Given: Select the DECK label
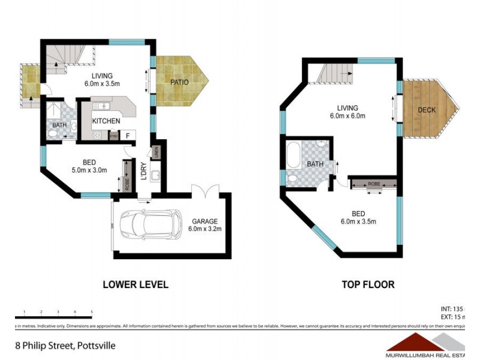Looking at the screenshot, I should (x=427, y=110).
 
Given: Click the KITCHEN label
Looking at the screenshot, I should (x=106, y=121).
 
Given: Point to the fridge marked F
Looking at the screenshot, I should (x=128, y=136).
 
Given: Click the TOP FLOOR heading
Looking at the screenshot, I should (x=367, y=284).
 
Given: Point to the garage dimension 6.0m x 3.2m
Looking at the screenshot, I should (x=205, y=229).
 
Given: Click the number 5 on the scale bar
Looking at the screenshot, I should (x=91, y=312).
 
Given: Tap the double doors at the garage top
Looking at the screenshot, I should (x=205, y=191).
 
